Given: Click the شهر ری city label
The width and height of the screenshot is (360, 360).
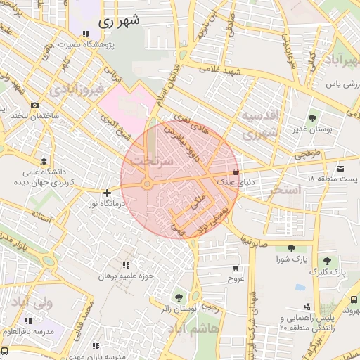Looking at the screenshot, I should pyautogui.click(x=120, y=21).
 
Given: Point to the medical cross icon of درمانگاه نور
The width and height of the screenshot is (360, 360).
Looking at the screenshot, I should pyautogui.click(x=107, y=193).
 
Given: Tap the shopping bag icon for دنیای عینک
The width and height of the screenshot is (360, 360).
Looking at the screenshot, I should pyautogui.click(x=235, y=172).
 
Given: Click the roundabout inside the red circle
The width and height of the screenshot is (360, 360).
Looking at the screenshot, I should pyautogui.click(x=146, y=184).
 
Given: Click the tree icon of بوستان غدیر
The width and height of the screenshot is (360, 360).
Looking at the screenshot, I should pyautogui.click(x=312, y=118).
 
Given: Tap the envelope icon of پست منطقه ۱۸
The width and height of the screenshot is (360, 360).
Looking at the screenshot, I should pyautogui.click(x=340, y=168).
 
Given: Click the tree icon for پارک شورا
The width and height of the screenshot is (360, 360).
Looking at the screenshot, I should pyautogui.click(x=290, y=247).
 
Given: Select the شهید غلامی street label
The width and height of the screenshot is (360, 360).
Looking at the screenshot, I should pyautogui.click(x=219, y=71).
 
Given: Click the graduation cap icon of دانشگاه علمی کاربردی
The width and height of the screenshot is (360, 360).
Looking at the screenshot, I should pyautogui.click(x=45, y=162).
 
